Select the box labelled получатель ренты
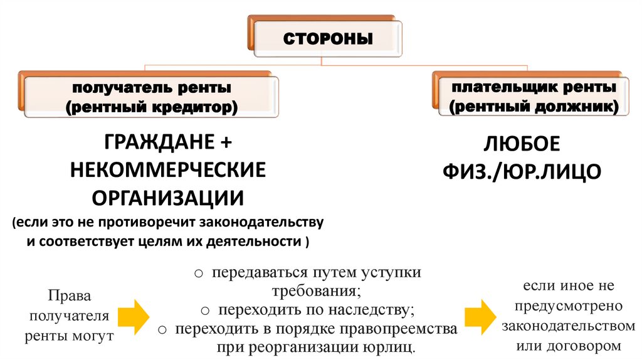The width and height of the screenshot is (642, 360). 151,96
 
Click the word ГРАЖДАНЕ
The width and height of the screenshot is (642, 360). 154,142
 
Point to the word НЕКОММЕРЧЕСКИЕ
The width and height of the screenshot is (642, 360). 168,170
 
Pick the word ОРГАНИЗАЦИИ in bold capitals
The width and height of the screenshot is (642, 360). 168,198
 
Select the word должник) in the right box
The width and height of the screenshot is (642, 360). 586,107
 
